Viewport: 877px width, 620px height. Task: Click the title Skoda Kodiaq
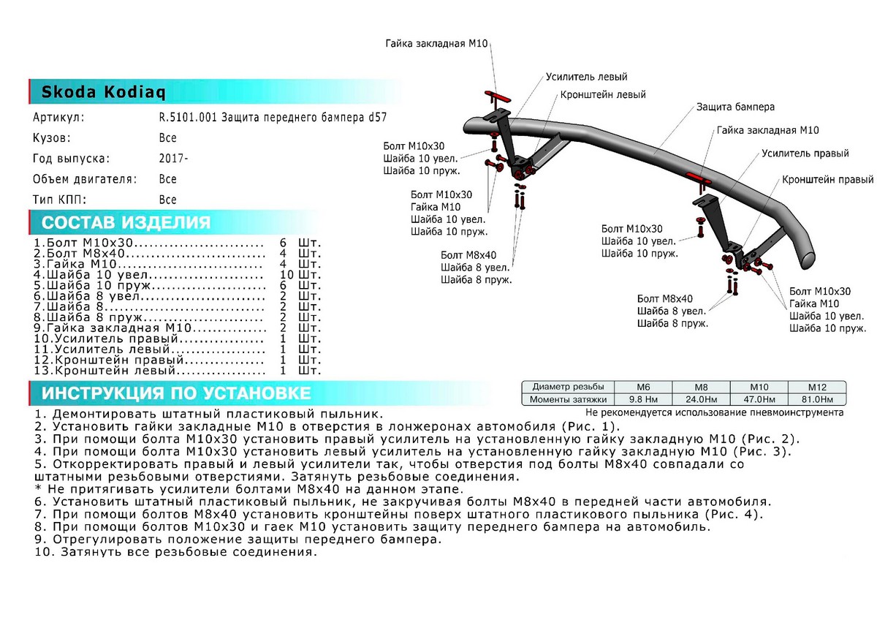[103, 93]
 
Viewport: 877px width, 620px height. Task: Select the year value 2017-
[172, 158]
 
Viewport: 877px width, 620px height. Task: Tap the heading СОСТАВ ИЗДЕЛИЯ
[126, 223]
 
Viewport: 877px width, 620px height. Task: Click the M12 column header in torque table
[816, 387]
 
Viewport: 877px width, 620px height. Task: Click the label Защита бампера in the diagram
[735, 107]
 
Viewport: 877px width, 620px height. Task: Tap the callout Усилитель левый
[586, 77]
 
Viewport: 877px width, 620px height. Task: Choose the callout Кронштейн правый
[827, 179]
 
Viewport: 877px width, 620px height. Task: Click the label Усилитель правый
[805, 154]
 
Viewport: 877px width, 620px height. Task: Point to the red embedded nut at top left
[497, 96]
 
